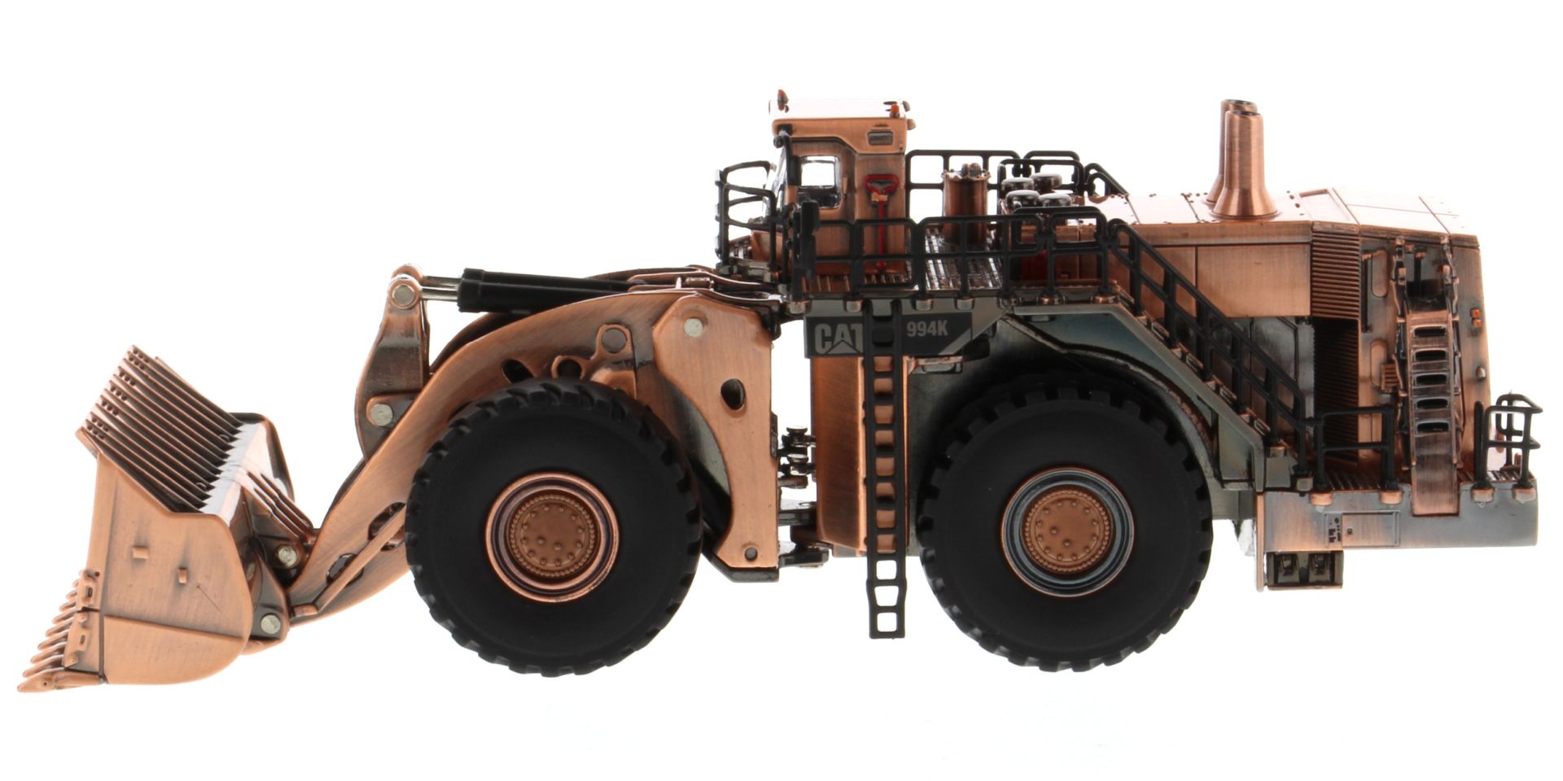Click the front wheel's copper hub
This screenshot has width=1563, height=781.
pyautogui.click(x=552, y=536)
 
